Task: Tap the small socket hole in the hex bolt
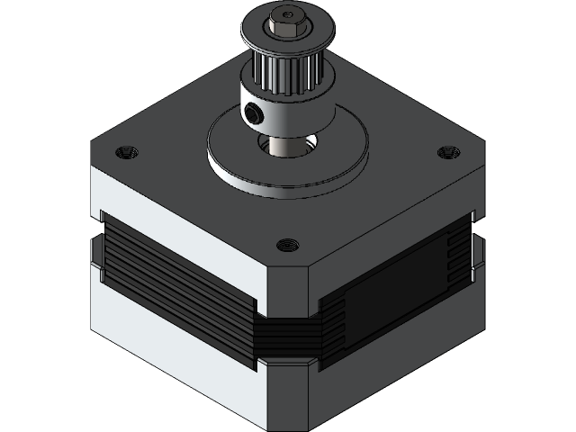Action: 287,15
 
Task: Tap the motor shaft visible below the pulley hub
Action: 286,144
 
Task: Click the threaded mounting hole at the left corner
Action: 126,151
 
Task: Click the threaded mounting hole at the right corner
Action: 445,153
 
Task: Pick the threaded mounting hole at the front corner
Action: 287,243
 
